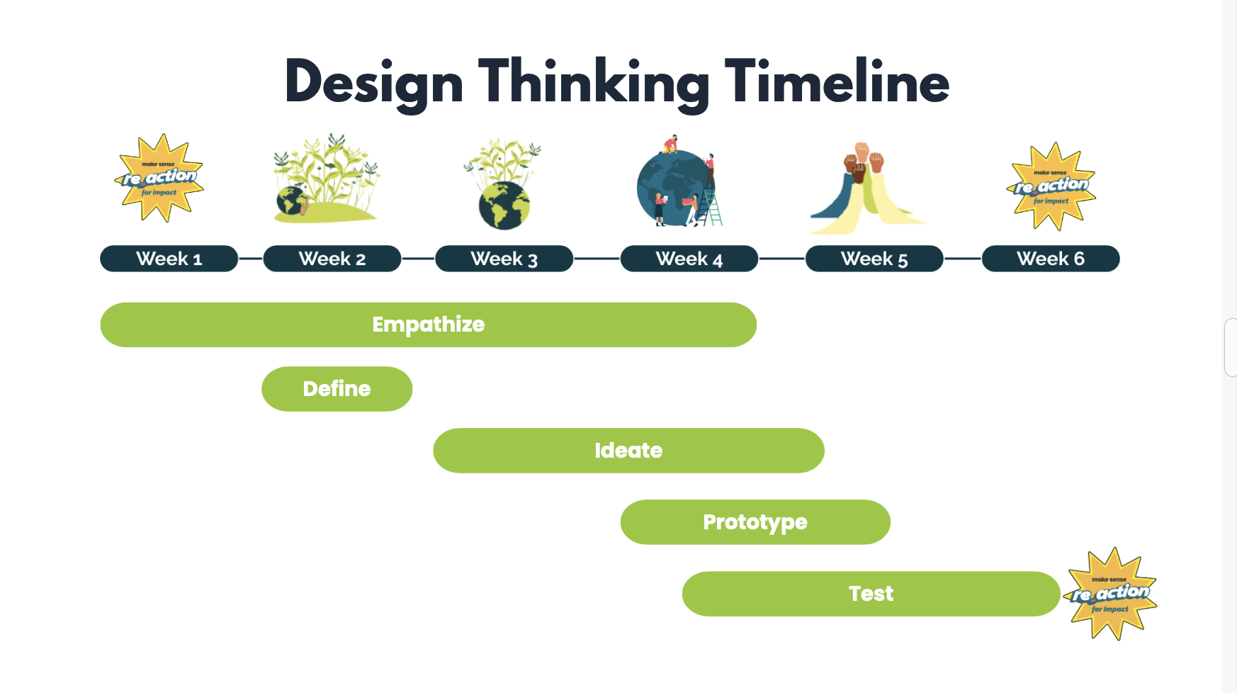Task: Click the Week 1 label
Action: [169, 259]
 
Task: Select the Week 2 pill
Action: [332, 259]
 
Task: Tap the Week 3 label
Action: [504, 259]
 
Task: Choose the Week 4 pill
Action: [689, 259]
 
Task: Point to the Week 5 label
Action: [874, 259]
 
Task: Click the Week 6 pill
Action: [1051, 259]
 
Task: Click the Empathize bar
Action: [429, 325]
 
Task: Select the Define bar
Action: [337, 389]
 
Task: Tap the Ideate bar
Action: [628, 451]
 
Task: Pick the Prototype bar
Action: [755, 522]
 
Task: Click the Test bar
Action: [871, 594]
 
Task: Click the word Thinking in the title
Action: [594, 84]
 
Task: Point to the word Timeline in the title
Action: [837, 81]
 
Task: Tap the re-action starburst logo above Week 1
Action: [159, 178]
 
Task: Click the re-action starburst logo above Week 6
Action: [1051, 186]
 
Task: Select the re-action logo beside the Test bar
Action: [1110, 594]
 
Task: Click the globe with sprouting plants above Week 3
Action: [504, 184]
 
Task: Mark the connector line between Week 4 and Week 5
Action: [782, 259]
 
